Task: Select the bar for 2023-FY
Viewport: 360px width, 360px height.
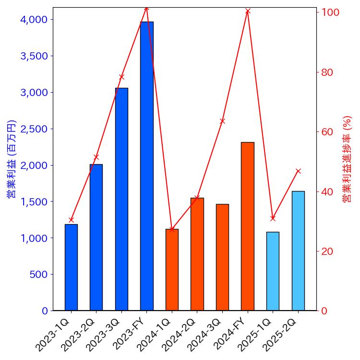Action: (147, 166)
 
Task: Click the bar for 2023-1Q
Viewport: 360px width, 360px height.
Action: (71, 267)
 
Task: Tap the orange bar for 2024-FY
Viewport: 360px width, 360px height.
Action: (248, 226)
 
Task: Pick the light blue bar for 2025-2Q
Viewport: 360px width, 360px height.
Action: (298, 251)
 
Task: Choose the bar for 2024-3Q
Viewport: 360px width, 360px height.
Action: (222, 257)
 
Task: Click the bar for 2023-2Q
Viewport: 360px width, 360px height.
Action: (96, 237)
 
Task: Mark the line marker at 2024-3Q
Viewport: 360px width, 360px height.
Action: (222, 121)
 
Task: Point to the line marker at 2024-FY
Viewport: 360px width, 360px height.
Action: (248, 11)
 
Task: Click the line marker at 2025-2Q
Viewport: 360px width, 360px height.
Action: (298, 171)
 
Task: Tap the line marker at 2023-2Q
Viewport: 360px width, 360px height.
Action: (96, 157)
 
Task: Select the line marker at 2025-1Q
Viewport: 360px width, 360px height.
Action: (273, 218)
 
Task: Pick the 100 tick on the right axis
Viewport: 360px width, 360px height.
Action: (330, 12)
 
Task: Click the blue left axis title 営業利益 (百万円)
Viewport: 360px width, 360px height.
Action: (11, 159)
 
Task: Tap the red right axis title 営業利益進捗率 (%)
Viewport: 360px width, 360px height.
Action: (347, 159)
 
